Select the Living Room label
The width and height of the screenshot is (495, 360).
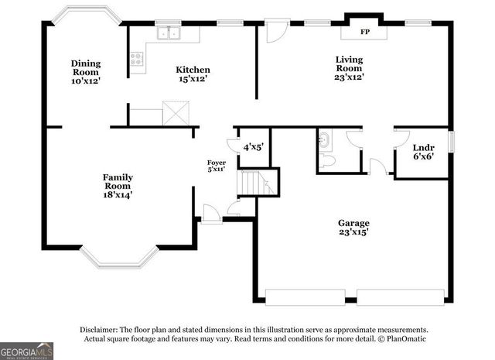click(x=349, y=67)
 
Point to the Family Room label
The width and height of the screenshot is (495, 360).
click(x=118, y=186)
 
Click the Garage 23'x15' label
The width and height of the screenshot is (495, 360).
click(x=353, y=227)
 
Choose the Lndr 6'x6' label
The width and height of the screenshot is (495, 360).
click(x=422, y=152)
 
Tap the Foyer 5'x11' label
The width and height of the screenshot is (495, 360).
click(x=216, y=166)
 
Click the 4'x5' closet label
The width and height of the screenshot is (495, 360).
click(x=254, y=146)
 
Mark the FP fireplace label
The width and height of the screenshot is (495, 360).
click(x=364, y=33)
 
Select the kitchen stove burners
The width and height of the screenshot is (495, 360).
click(x=137, y=57)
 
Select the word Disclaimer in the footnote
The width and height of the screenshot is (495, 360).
click(x=100, y=329)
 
